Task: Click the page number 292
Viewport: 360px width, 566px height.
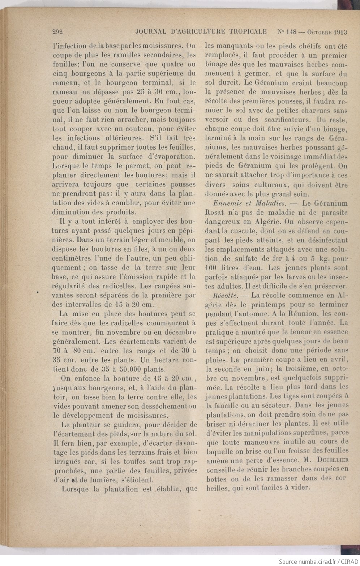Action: pos(58,32)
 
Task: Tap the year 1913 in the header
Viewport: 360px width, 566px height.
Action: pos(340,32)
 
